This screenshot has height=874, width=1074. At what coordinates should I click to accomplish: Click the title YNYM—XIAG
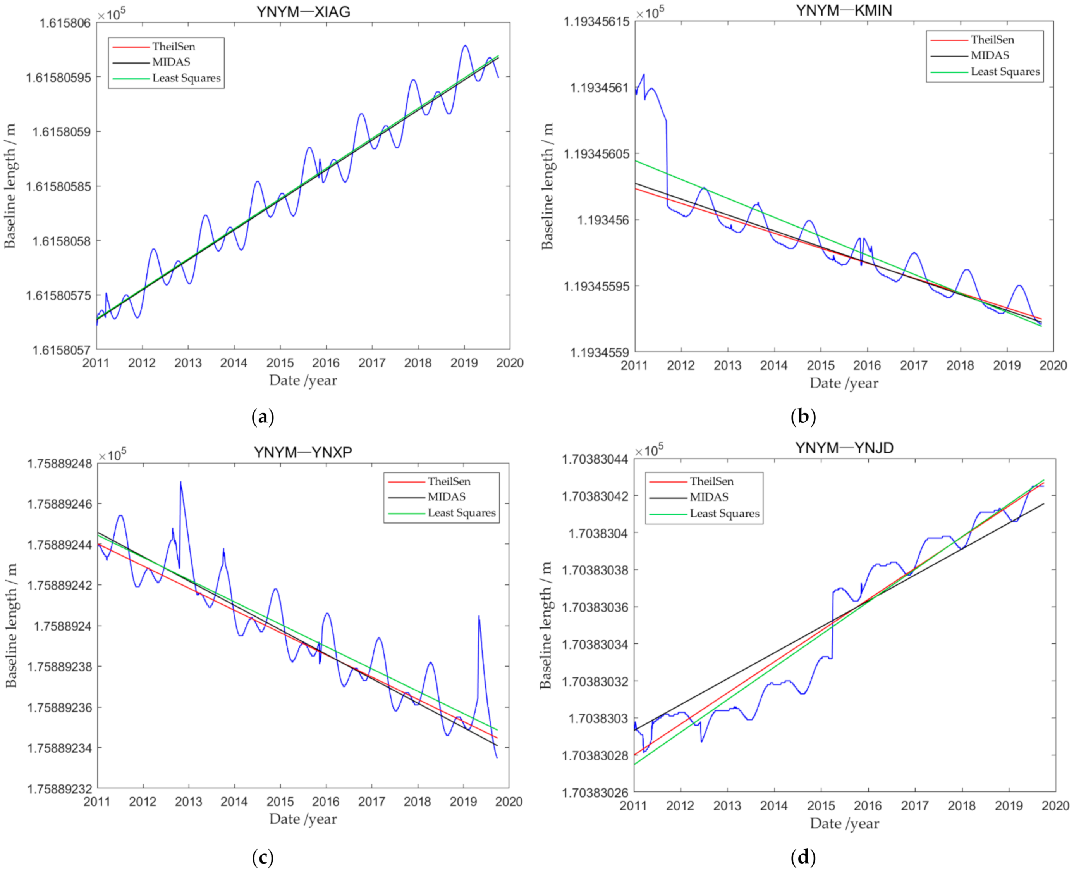[303, 12]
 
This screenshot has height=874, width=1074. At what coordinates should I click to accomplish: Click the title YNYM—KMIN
[844, 10]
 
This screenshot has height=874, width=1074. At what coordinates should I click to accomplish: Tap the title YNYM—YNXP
[303, 452]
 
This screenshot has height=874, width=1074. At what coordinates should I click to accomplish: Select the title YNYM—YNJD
[844, 448]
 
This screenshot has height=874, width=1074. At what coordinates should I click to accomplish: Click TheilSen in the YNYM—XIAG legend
[174, 47]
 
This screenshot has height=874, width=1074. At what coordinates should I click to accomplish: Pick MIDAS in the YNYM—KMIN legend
[990, 55]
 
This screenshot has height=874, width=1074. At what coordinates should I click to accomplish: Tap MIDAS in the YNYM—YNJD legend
[709, 497]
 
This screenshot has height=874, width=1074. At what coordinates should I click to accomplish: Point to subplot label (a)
[263, 417]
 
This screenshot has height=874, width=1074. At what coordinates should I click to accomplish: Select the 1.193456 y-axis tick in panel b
[603, 220]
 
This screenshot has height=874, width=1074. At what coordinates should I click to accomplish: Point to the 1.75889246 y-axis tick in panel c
[59, 504]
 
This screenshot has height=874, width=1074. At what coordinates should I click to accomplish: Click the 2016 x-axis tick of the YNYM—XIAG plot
[326, 363]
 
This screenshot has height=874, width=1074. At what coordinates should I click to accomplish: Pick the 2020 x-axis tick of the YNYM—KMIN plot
[1053, 365]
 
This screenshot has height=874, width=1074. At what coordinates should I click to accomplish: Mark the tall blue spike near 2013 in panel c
[180, 482]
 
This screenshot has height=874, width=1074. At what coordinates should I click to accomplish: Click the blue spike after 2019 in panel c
[479, 617]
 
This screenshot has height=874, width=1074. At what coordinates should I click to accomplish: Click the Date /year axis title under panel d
[844, 824]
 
